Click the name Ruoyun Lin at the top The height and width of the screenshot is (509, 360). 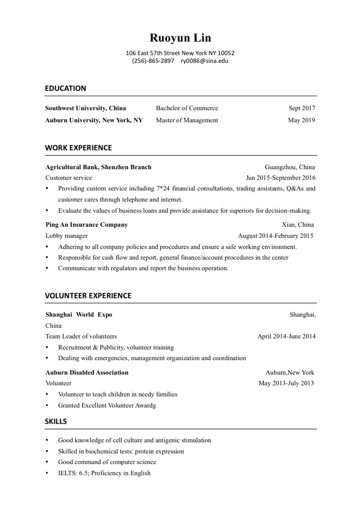[x=180, y=38]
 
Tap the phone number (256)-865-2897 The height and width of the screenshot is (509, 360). [x=153, y=61]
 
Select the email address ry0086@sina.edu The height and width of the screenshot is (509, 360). [x=204, y=61]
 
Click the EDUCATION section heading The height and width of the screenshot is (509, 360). [x=65, y=88]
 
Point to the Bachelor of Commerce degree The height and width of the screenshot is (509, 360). [x=187, y=108]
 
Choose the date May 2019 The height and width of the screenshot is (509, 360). [x=301, y=120]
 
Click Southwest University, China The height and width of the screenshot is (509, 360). [x=85, y=108]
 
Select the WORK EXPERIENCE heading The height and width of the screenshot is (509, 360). [x=78, y=147]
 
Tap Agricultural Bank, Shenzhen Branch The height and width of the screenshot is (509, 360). [x=98, y=167]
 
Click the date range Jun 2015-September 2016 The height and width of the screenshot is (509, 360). [x=281, y=178]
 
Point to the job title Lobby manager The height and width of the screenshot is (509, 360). [x=67, y=236]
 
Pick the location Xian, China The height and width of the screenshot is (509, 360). [x=298, y=224]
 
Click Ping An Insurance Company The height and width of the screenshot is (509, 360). [x=86, y=224]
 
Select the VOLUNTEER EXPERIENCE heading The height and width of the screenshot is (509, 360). [x=88, y=295]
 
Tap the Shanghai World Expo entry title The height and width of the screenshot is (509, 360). [x=79, y=314]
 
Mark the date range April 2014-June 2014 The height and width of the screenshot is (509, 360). [x=286, y=336]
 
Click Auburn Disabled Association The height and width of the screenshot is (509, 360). [x=87, y=372]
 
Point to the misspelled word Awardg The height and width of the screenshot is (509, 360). [x=145, y=406]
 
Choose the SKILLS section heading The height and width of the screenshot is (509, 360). [x=56, y=421]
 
